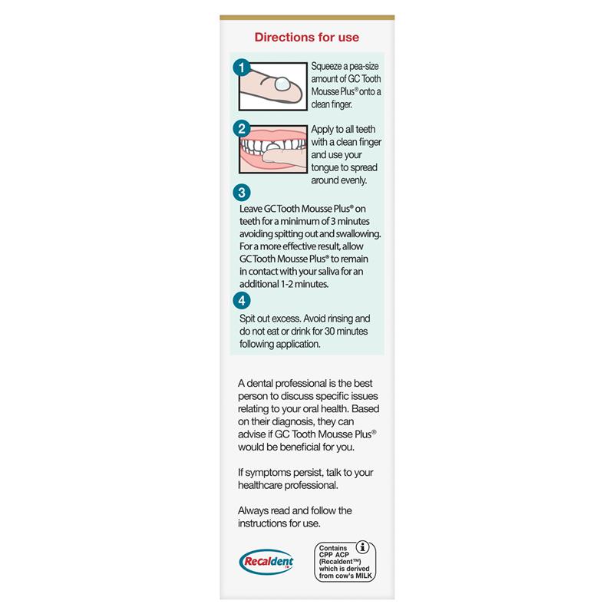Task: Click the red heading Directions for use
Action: [x=307, y=37]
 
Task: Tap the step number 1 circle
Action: [x=241, y=68]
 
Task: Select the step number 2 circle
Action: [x=241, y=129]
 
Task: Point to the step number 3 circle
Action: [x=241, y=193]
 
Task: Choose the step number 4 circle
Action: [x=241, y=300]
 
